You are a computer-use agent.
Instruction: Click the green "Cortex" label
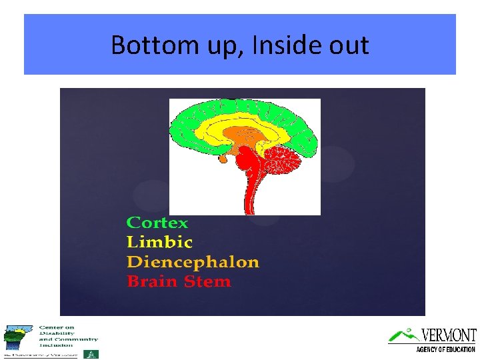tap(157, 223)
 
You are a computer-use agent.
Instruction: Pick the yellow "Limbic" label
tap(159, 242)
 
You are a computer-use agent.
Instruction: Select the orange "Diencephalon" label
tap(193, 261)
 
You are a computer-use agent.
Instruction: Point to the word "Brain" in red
tap(151, 281)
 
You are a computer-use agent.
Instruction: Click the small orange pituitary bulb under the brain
tap(223, 159)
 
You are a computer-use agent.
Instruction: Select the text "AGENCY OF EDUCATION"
tap(445, 349)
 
